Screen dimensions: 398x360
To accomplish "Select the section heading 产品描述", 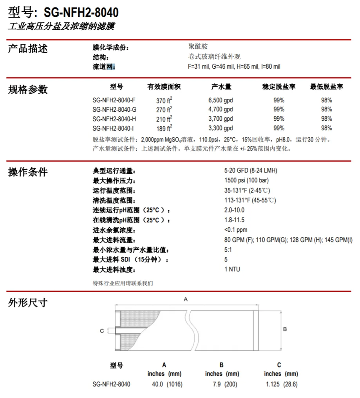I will pos(28,49).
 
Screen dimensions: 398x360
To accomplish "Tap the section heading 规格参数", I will pos(28,89).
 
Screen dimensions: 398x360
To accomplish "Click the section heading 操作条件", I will pos(28,172).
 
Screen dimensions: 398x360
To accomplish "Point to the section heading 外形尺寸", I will pos(28,302).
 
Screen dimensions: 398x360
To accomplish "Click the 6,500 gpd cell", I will pos(220,100).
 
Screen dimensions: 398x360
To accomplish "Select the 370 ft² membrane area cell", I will pos(164,100).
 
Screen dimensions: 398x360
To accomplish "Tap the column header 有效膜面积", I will pos(164,87).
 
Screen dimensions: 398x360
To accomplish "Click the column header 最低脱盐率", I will pos(326,87).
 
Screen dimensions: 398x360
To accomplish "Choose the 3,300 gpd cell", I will pos(220,128).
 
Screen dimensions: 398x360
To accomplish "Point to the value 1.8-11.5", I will pos(234,220).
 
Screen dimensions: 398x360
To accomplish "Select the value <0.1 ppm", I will pos(236,230).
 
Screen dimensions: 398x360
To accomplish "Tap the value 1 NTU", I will pos(232,269).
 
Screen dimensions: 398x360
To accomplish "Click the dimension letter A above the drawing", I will pos(186,299).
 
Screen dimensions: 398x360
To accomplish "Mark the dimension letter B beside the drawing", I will pos(285,329).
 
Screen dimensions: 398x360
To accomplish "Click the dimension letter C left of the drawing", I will pos(102,331).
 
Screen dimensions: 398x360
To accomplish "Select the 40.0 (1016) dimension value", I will pos(167,384).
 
